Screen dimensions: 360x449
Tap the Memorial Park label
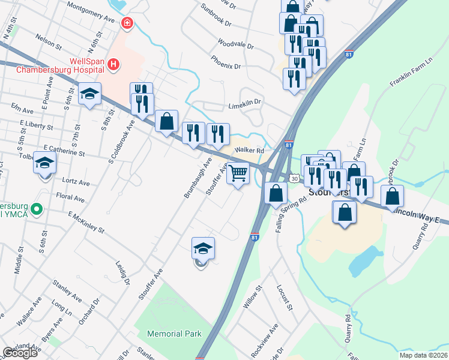(175, 333)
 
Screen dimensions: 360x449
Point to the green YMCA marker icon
(37, 209)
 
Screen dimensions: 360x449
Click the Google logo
(20, 352)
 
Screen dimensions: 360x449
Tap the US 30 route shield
(294, 178)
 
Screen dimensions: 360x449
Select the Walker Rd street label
(250, 150)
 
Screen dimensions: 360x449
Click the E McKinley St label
(86, 222)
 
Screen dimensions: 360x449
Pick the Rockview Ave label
(265, 341)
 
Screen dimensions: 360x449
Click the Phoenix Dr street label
(225, 62)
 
